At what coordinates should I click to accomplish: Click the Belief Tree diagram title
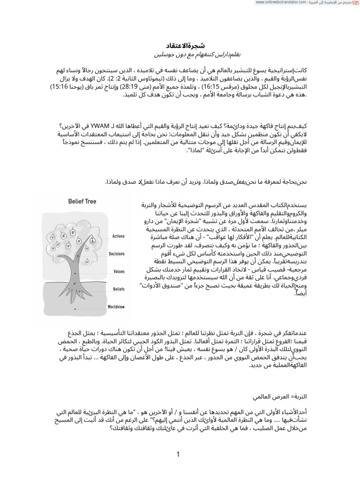pyautogui.click(x=82, y=202)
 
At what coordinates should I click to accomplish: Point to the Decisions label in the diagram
pyautogui.click(x=117, y=254)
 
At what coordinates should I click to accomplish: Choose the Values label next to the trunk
pyautogui.click(x=119, y=271)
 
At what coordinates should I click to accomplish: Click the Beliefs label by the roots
pyautogui.click(x=119, y=289)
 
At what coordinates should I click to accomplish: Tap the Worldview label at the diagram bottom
pyautogui.click(x=116, y=307)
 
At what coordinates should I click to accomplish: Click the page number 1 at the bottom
pyautogui.click(x=178, y=454)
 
